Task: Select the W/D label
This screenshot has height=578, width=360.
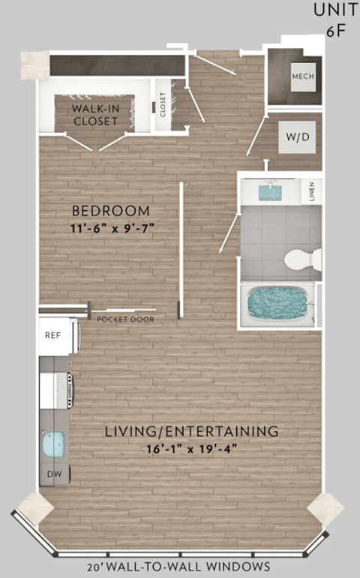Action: pyautogui.click(x=293, y=138)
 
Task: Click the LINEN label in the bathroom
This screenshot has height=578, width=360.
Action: pyautogui.click(x=311, y=191)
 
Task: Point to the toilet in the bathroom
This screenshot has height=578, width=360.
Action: pyautogui.click(x=302, y=260)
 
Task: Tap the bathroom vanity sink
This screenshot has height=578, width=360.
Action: pyautogui.click(x=268, y=192)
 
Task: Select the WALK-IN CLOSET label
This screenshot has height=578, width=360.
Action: pyautogui.click(x=94, y=115)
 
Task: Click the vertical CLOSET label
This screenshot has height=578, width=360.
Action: pyautogui.click(x=163, y=107)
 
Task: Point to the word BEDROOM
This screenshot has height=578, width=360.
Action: pyautogui.click(x=111, y=211)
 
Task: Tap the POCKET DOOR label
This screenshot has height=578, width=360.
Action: pyautogui.click(x=125, y=319)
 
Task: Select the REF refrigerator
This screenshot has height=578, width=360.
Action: pyautogui.click(x=54, y=336)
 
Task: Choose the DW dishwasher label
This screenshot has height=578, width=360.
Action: pyautogui.click(x=53, y=474)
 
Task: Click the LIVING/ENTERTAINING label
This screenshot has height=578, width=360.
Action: pyautogui.click(x=192, y=432)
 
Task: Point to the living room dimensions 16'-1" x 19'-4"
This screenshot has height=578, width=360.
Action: pyautogui.click(x=192, y=450)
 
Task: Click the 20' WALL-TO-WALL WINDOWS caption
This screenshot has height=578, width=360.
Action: pyautogui.click(x=177, y=566)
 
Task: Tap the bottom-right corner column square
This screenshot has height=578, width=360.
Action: pyautogui.click(x=325, y=509)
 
